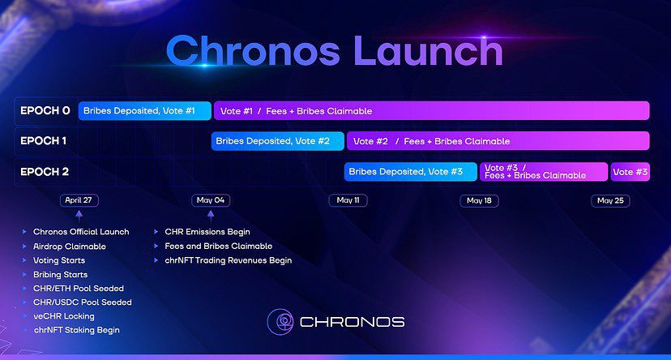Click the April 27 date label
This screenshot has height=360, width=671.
click(79, 200)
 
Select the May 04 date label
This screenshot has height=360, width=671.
click(211, 200)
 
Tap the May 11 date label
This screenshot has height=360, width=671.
click(348, 200)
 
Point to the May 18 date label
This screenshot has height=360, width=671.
click(479, 201)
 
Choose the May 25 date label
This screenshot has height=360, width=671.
click(610, 201)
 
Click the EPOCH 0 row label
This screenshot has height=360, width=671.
click(45, 111)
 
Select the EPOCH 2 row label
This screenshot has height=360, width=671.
click(45, 172)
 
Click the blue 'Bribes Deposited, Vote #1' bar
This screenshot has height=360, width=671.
click(144, 111)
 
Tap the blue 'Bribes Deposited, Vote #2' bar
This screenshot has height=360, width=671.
click(278, 141)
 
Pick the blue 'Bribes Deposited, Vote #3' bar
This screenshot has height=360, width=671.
click(411, 172)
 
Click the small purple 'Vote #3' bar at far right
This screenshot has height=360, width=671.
click(630, 172)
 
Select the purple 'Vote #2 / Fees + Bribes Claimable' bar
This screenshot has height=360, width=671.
click(498, 141)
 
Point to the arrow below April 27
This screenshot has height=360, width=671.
click(79, 216)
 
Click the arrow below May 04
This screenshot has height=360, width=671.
click(211, 216)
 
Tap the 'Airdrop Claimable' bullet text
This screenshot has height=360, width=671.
click(70, 246)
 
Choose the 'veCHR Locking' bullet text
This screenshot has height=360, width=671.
click(64, 316)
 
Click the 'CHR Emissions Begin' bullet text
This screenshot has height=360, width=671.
click(207, 232)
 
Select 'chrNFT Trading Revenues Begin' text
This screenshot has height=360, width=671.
click(229, 260)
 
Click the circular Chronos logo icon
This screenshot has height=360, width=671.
click(280, 321)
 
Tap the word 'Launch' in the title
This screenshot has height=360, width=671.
click(428, 50)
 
